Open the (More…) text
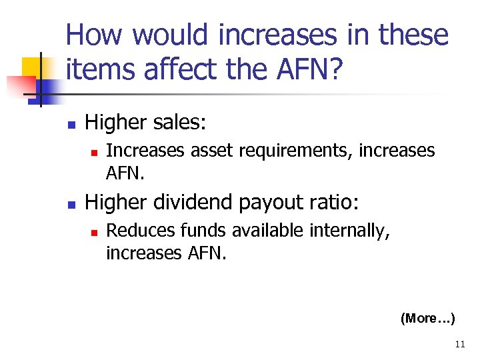tap(427, 319)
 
